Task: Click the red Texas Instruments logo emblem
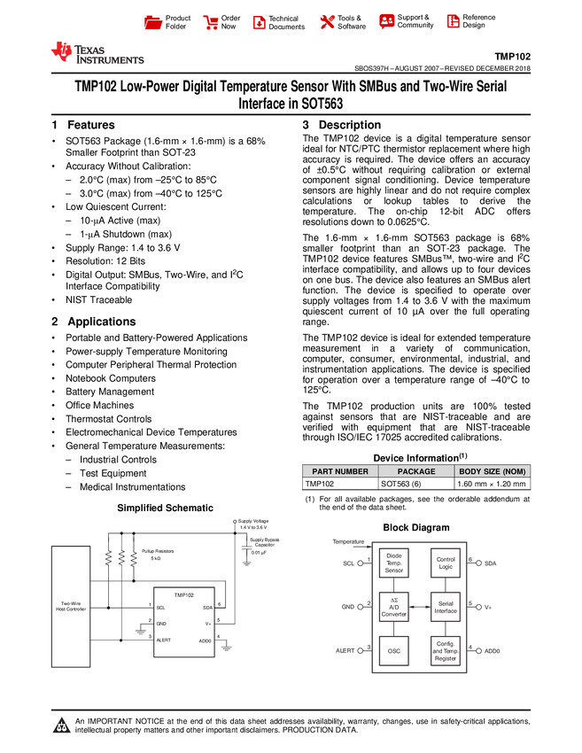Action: [x=61, y=52]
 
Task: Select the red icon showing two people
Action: [x=386, y=20]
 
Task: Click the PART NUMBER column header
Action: [x=340, y=471]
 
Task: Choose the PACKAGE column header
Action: [x=416, y=471]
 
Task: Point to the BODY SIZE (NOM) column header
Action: [x=493, y=471]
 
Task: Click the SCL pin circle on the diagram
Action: [x=360, y=563]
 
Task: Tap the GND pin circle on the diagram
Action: [x=360, y=607]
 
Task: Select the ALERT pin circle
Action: [x=360, y=650]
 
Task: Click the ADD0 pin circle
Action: [x=478, y=650]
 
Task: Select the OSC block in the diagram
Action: [x=394, y=650]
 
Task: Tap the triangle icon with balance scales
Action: [x=61, y=726]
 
